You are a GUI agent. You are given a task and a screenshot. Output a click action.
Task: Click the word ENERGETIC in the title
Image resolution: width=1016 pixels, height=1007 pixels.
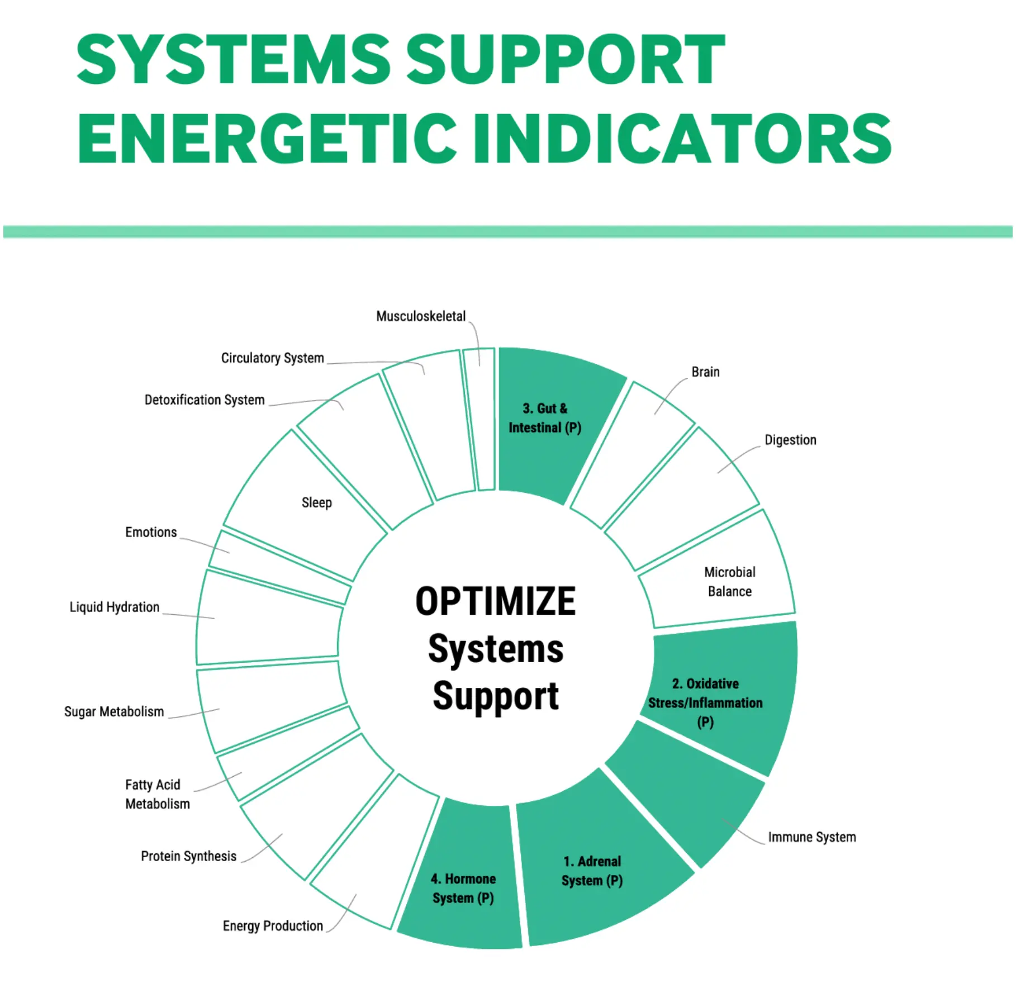267,138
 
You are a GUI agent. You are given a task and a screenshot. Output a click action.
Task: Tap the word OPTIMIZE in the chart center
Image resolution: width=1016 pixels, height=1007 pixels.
495,601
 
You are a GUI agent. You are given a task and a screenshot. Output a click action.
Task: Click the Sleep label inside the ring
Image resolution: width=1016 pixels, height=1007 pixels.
317,502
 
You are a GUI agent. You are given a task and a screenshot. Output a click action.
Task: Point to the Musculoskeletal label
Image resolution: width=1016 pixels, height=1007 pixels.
421,316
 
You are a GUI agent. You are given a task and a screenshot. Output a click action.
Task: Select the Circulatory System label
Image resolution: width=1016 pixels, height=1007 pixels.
273,358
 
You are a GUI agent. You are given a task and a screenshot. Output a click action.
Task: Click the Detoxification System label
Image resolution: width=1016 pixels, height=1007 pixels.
205,400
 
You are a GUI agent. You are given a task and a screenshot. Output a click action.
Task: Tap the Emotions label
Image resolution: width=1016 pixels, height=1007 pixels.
151,532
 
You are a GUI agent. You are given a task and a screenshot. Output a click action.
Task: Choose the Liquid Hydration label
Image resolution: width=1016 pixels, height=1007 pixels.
115,607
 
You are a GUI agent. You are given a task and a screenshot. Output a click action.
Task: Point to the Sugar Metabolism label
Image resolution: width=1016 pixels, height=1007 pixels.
114,711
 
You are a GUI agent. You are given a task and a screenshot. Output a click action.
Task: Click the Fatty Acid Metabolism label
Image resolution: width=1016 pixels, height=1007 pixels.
158,794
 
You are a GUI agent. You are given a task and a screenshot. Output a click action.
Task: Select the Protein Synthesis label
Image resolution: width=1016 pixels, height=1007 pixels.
189,856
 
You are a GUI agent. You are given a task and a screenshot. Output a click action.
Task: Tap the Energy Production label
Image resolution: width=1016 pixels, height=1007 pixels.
273,926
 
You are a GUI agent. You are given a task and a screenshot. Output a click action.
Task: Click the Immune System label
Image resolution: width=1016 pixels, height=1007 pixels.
812,837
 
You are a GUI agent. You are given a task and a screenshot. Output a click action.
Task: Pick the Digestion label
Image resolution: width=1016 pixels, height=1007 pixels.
791,440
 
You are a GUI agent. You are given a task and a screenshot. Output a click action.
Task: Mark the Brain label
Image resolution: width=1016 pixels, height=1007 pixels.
706,372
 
